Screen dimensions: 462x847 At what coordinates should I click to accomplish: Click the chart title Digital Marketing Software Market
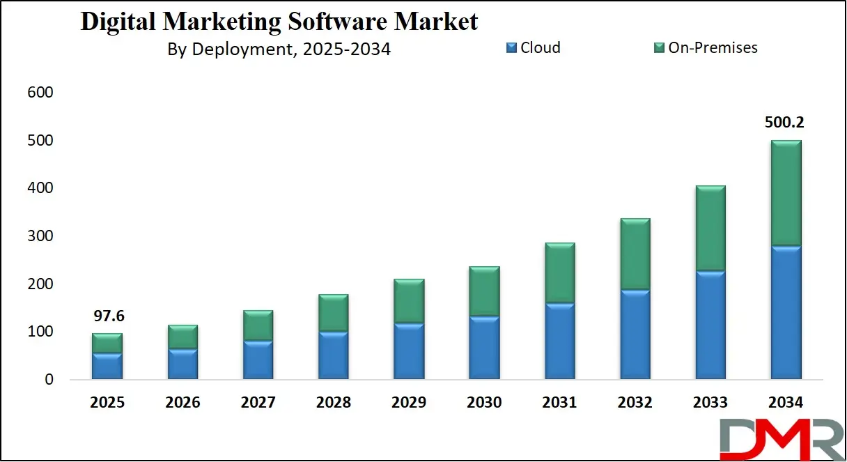click(279, 22)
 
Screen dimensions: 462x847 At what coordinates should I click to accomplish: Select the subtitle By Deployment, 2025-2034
click(279, 49)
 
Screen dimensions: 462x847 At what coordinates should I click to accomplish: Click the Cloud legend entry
click(533, 47)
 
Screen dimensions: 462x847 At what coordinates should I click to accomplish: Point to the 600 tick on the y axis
click(40, 93)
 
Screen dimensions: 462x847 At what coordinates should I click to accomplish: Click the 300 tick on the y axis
click(40, 236)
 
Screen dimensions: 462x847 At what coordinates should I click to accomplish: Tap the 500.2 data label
click(786, 123)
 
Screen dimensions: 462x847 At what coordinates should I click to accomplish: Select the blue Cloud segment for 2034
click(786, 312)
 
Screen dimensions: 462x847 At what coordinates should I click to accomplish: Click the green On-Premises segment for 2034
click(786, 193)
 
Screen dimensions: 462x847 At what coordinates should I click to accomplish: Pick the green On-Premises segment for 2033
click(710, 229)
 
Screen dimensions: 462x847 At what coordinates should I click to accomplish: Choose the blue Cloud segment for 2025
click(107, 367)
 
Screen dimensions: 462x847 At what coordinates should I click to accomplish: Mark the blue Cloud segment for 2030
click(484, 348)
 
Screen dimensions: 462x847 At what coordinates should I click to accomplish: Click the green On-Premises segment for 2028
click(333, 313)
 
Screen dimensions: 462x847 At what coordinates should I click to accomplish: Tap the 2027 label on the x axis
click(258, 403)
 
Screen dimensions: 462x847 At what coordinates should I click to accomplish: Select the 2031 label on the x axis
click(559, 403)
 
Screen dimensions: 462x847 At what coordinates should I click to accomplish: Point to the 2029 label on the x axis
click(408, 403)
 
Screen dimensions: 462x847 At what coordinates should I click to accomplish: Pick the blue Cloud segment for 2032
click(635, 334)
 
